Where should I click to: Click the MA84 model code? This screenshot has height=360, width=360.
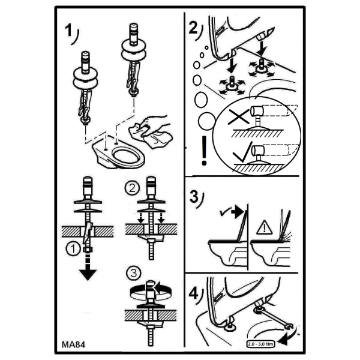(73, 344)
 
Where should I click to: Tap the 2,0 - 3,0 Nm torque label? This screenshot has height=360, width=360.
(260, 344)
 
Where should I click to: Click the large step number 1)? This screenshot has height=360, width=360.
(71, 34)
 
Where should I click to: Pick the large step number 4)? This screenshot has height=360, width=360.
(196, 295)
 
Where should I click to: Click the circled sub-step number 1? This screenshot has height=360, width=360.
(73, 249)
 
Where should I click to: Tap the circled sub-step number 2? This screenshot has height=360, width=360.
(132, 189)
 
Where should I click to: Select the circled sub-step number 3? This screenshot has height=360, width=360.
(133, 273)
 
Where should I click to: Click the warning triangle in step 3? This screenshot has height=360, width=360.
(264, 227)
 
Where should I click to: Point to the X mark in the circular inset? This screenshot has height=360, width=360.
(239, 116)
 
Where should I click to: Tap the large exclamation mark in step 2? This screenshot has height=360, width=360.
(204, 151)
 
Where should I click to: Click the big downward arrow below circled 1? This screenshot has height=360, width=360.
(88, 267)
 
